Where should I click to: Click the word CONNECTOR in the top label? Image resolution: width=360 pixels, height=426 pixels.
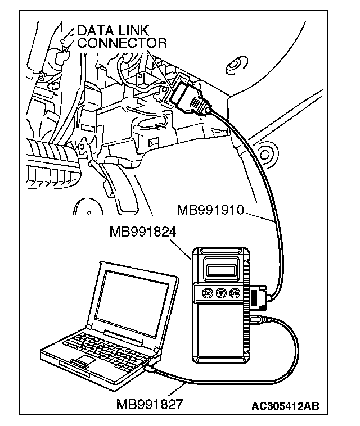point(121,43)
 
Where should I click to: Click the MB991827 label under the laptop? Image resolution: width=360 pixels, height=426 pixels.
point(150,404)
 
